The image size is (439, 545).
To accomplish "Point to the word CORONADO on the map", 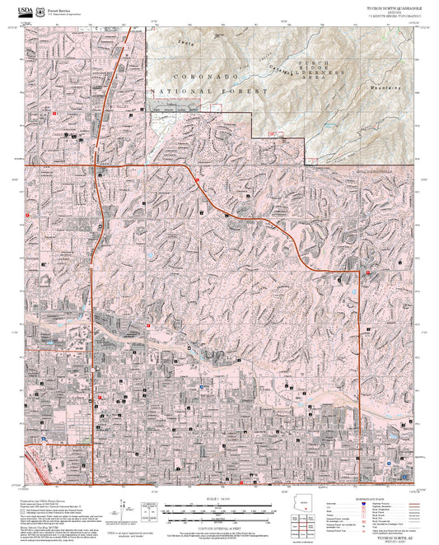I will coord(180,75).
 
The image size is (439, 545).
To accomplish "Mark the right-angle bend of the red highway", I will coord(359,271).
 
